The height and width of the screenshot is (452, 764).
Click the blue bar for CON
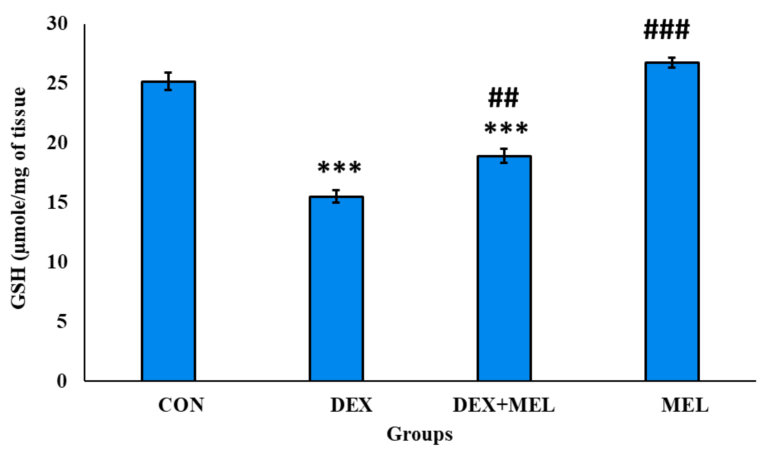168,231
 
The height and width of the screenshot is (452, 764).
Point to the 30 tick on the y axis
57,24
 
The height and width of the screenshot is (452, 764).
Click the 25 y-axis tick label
57,83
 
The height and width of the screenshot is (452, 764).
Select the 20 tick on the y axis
57,143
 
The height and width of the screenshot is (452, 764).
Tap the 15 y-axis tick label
57,202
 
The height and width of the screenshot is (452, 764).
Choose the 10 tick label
57,262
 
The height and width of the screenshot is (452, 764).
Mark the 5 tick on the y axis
62,321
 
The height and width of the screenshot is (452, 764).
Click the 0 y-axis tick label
62,381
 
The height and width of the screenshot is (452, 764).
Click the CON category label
181,405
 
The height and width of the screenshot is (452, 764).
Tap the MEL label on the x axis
685,405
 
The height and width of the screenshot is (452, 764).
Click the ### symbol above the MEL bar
666,30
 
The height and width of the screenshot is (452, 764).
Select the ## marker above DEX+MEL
503,98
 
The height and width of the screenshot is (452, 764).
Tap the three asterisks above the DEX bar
339,167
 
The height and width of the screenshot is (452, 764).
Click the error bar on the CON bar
168,81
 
